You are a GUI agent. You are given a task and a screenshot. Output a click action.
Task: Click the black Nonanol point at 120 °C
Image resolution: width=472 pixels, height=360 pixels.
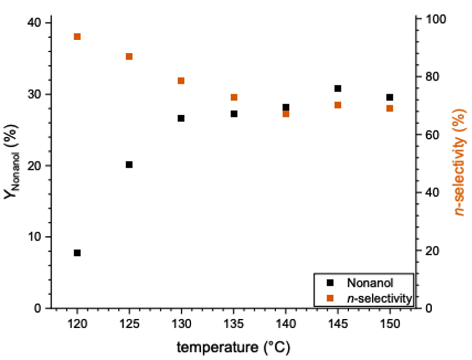(77, 253)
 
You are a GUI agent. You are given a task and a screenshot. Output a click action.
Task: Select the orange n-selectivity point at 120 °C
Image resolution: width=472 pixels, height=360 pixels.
(77, 37)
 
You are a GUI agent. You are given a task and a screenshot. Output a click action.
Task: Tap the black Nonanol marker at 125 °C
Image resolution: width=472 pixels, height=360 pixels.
(129, 164)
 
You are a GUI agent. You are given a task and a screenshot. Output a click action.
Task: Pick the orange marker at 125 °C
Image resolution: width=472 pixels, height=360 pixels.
(129, 57)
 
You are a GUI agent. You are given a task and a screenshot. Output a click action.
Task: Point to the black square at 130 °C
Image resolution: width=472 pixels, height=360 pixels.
(181, 118)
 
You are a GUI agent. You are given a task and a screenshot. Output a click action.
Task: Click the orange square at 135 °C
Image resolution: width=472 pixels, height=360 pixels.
(234, 97)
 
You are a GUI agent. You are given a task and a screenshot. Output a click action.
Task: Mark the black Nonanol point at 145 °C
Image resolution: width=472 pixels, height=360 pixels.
(338, 88)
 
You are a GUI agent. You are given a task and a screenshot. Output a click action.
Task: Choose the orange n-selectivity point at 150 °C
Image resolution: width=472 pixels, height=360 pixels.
(389, 108)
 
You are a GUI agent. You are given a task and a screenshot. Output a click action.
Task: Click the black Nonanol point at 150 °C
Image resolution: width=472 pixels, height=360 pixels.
(389, 97)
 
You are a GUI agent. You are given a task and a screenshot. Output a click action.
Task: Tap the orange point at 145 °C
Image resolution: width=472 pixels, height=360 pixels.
(338, 105)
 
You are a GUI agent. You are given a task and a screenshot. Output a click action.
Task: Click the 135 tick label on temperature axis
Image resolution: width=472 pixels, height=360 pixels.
(234, 324)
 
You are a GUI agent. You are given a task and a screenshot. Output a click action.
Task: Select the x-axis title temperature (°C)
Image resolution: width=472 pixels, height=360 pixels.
(233, 347)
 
